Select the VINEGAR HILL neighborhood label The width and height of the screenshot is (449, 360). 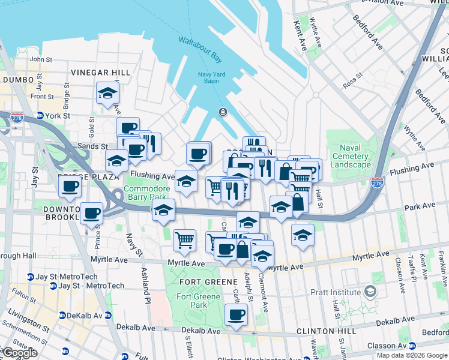100,72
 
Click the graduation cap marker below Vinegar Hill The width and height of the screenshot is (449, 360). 107,93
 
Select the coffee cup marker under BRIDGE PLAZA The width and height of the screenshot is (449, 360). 70,186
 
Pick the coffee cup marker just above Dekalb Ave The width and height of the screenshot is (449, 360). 236,314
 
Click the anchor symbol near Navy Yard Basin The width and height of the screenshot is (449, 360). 222,112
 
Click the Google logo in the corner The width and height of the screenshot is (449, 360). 20,353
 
